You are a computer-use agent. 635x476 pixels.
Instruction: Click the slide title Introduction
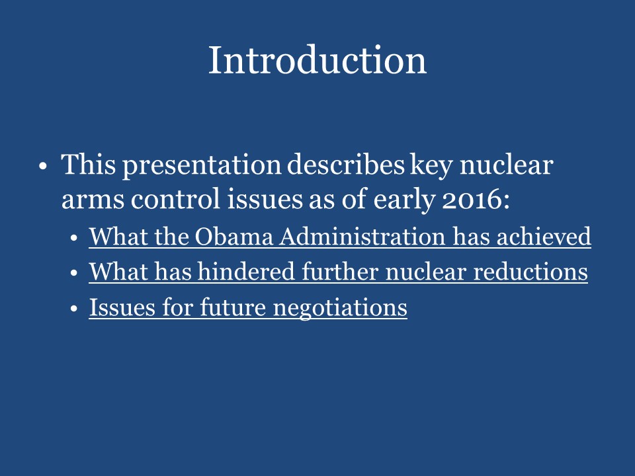pyautogui.click(x=317, y=60)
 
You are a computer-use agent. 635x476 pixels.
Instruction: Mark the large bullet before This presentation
pyautogui.click(x=43, y=165)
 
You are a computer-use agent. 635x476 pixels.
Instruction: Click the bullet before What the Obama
pyautogui.click(x=75, y=237)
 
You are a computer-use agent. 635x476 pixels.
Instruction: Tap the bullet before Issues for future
pyautogui.click(x=75, y=308)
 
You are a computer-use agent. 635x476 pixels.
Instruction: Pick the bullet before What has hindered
pyautogui.click(x=75, y=272)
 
